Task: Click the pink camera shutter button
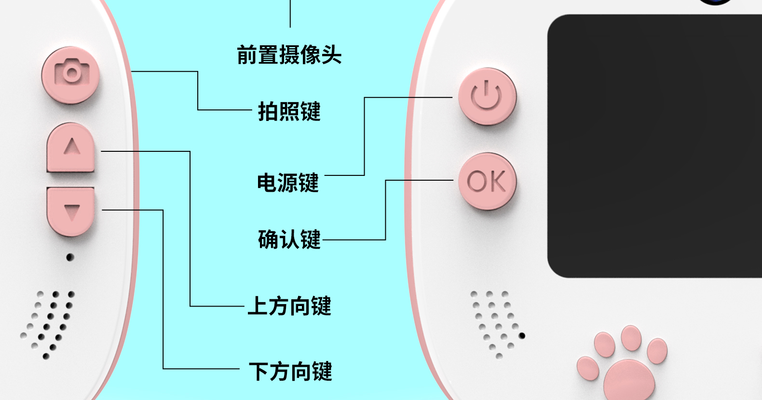tap(70, 75)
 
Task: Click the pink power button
tap(487, 96)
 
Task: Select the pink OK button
tap(487, 182)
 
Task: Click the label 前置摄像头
tap(289, 55)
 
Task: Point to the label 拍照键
tap(289, 111)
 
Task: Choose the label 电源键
tap(288, 183)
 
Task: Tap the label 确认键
tap(289, 240)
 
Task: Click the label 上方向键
tap(289, 306)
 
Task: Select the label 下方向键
tap(290, 372)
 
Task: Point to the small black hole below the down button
tap(70, 257)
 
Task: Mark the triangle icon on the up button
tap(72, 146)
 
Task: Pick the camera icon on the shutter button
tap(71, 73)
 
